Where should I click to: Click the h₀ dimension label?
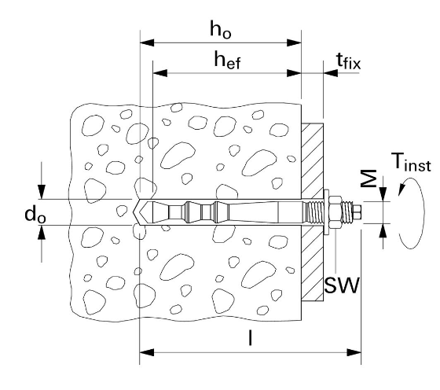[221, 30]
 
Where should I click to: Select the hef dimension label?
[227, 60]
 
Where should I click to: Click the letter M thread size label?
[368, 178]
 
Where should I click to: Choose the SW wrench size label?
[342, 285]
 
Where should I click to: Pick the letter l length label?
[250, 338]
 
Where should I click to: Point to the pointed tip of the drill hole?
[133, 212]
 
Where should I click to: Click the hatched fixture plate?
[313, 212]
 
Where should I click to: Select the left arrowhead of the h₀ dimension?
[147, 42]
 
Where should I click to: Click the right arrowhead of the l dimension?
[354, 352]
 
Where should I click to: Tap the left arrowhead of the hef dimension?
[160, 73]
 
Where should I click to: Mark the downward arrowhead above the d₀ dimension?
[42, 192]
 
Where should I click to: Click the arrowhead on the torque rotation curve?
[401, 189]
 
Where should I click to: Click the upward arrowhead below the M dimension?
[383, 231]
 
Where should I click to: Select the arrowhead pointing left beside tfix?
[331, 73]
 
